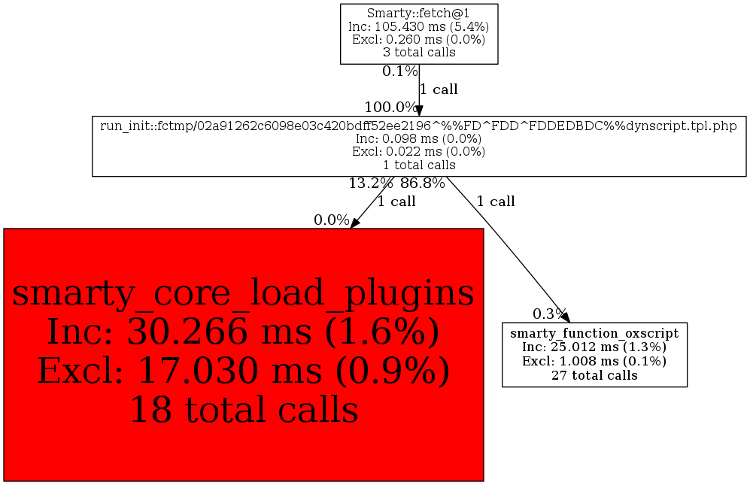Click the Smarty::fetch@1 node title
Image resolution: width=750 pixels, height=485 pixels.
[x=418, y=14]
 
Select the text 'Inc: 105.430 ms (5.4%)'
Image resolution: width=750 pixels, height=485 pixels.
[x=418, y=26]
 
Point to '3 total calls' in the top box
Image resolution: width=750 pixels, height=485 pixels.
[x=418, y=52]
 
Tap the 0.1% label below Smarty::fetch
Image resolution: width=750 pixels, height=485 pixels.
[x=400, y=71]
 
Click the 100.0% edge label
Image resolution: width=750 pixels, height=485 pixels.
[x=390, y=107]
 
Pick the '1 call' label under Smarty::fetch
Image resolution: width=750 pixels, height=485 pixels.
[x=439, y=89]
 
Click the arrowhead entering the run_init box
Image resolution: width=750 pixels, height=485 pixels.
[x=419, y=111]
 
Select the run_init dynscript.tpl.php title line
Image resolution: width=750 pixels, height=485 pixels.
[x=418, y=126]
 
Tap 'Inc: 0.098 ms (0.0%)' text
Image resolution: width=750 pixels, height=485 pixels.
[x=418, y=138]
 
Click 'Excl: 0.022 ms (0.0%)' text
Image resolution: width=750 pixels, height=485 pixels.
[x=418, y=152]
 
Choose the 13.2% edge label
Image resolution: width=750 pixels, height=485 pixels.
[x=371, y=183]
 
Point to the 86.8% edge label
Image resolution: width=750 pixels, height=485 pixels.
[x=422, y=183]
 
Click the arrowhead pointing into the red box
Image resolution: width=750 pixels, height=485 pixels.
[x=354, y=223]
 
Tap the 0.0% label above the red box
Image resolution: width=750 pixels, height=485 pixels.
[x=332, y=220]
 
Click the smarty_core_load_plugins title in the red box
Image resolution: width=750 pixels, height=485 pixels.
[x=243, y=293]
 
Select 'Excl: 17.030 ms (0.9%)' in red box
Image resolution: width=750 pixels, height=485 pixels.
[x=244, y=371]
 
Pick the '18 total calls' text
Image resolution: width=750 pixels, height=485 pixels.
[x=244, y=410]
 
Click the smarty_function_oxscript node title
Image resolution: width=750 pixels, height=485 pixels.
[x=594, y=333]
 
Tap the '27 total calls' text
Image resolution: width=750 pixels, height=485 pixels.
[x=594, y=375]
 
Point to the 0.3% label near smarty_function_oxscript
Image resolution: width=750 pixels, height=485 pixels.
[x=550, y=314]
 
